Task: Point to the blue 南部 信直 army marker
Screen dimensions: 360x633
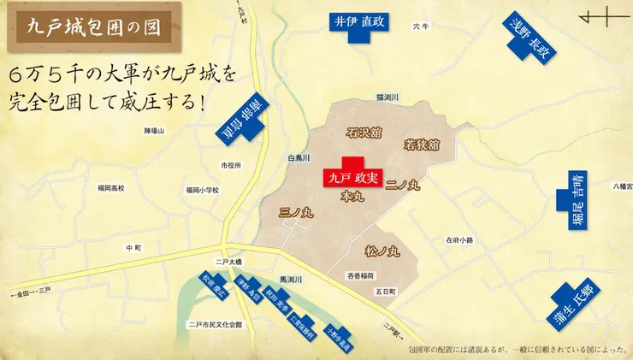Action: (x=244, y=120)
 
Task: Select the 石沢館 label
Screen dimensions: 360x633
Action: (x=364, y=134)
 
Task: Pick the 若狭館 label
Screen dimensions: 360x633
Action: (x=422, y=145)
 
